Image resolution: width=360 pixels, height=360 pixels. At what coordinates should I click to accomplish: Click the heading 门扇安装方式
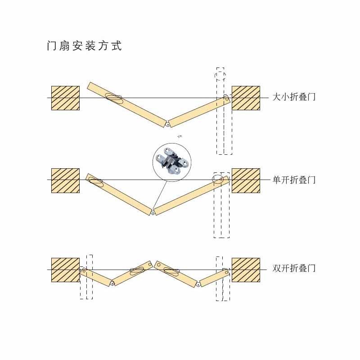coord(84,46)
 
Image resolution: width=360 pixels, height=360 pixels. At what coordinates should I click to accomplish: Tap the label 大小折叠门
coord(294,97)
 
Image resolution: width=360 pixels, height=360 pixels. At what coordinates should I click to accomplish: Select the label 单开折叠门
coord(294,180)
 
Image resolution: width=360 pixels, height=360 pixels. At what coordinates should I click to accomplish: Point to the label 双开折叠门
coord(294,268)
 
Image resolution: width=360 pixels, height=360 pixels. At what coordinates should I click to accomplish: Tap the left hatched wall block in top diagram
coord(65,98)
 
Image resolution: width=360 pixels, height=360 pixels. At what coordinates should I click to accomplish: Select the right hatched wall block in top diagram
coord(246,98)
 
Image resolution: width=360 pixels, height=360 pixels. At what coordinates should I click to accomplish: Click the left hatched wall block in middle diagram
coord(65,180)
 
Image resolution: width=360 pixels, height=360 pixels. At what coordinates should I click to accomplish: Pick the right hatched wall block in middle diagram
coord(246,180)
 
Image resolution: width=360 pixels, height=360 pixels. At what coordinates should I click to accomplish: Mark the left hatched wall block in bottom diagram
coord(65,270)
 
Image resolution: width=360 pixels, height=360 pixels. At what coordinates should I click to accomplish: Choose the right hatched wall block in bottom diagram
coord(246,270)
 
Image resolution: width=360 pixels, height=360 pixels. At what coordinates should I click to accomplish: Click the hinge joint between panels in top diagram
coord(168,124)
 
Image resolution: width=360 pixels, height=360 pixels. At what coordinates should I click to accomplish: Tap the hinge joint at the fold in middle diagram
coord(153,212)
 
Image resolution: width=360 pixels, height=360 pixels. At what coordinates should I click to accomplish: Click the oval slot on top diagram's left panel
coord(114,97)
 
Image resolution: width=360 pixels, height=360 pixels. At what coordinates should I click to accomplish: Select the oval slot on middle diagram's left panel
coord(95,181)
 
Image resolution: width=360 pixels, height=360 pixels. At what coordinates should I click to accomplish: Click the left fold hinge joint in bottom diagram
coord(112,283)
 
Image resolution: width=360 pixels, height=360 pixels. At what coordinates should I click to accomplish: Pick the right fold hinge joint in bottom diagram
coord(198,284)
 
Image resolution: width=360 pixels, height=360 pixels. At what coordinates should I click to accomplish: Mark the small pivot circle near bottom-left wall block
coord(84,271)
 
